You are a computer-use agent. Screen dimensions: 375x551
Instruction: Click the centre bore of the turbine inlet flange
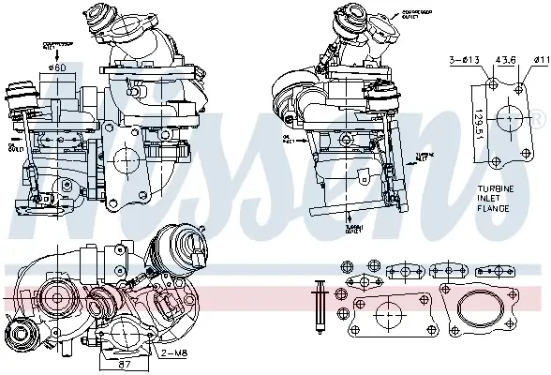[507, 119]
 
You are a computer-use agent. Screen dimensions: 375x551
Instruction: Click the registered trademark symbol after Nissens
[538, 120]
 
